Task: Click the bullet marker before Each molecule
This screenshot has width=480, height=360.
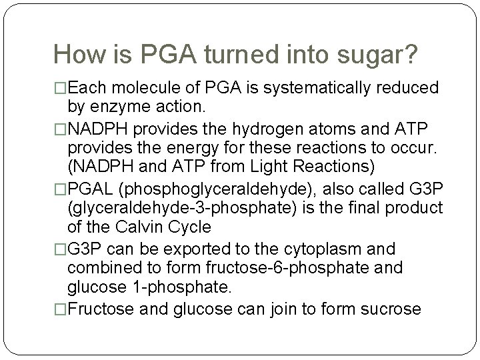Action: [x=61, y=89]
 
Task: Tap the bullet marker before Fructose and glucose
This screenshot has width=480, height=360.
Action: [x=61, y=309]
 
